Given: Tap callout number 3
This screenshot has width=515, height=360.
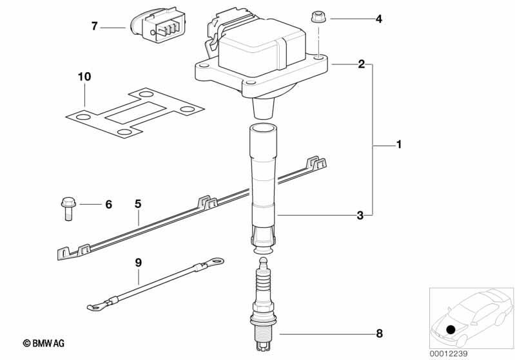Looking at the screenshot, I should point(360,215).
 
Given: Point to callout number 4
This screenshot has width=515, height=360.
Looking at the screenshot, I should point(379,19).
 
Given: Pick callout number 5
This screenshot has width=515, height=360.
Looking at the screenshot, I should point(137,204).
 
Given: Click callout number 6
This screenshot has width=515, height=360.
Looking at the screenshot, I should point(108,204).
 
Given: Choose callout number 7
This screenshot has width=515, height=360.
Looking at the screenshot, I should point(94,26).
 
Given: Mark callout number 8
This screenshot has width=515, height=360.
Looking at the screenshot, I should point(379,334).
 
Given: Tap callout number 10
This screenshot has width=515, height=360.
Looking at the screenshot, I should point(84,77).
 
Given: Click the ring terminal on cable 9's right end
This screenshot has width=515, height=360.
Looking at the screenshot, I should point(215,261).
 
